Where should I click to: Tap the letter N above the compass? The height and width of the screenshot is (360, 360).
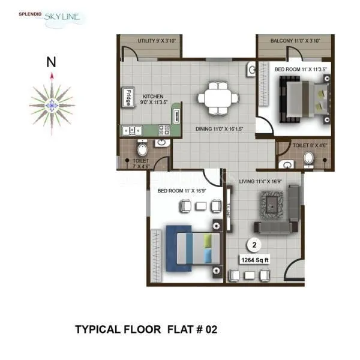[x=52, y=61]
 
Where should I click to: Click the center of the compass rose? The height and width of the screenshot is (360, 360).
[x=52, y=105]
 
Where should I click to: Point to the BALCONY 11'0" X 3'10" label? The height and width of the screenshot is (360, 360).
[x=295, y=41]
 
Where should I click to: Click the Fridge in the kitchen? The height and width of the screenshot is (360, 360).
[x=128, y=97]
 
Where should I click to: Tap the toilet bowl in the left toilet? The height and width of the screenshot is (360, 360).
[x=142, y=148]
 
